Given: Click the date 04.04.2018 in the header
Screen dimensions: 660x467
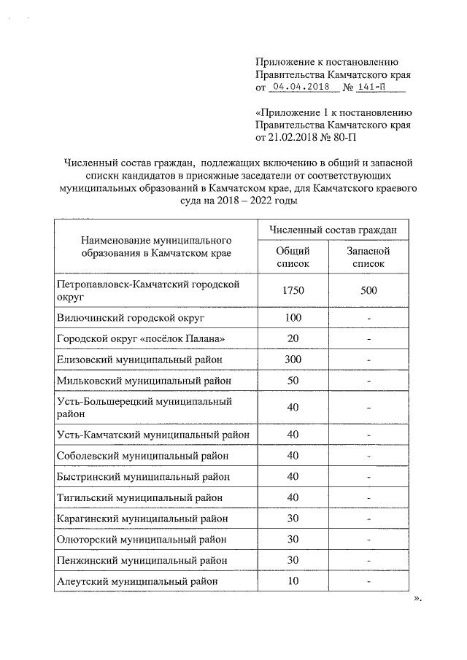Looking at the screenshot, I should point(301,87).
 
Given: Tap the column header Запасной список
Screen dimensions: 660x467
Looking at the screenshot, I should point(368,257).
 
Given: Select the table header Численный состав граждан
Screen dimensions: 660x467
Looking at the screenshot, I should point(332,229).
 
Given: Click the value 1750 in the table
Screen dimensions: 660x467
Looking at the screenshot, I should point(293,291).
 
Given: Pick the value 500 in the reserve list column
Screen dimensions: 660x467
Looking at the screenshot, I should point(368,291).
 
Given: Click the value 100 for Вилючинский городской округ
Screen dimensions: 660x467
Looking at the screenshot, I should point(293,319).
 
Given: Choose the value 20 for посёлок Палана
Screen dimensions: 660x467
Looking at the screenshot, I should point(293,339).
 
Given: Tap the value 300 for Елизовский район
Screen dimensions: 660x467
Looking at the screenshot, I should point(293,360).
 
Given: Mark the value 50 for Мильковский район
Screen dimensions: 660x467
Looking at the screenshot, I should point(293,380).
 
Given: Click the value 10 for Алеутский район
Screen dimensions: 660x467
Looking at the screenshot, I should point(293,581).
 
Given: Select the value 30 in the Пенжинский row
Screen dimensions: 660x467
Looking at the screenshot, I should point(293,560).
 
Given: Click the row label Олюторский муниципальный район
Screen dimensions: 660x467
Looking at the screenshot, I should point(141,540).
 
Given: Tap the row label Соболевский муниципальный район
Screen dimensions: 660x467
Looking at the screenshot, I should point(143,456).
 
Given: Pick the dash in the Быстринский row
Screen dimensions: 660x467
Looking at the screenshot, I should point(369,477).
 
